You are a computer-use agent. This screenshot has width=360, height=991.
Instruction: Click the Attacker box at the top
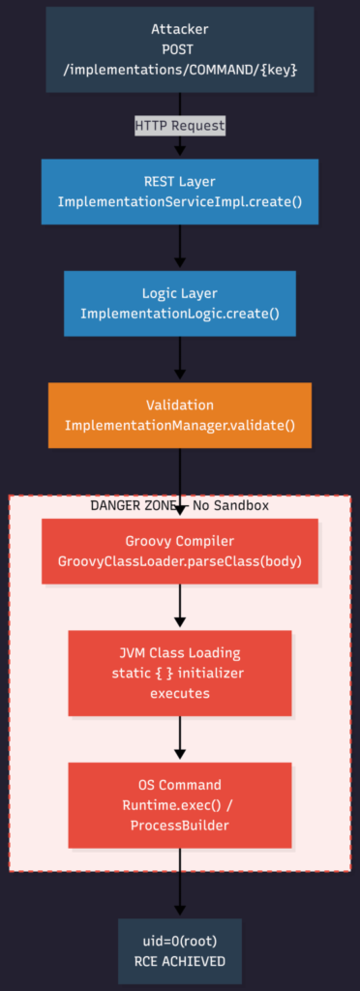click(180, 48)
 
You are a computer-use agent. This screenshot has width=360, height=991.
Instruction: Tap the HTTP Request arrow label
click(180, 125)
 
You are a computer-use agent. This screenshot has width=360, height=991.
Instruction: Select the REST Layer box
click(180, 193)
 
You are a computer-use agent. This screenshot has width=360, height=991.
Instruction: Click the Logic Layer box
click(180, 304)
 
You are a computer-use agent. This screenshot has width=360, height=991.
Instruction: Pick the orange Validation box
click(180, 415)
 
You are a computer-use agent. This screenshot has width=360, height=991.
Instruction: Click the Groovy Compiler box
click(180, 552)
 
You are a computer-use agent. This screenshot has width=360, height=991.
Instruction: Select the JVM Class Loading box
click(180, 672)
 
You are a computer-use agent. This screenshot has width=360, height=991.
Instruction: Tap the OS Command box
click(180, 804)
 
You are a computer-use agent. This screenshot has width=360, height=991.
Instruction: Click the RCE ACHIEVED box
click(180, 952)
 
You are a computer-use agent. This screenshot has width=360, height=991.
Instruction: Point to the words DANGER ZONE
click(132, 505)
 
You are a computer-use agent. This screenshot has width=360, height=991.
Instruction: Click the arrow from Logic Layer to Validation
click(180, 359)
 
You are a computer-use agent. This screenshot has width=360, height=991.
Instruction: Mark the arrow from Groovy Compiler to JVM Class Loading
click(180, 607)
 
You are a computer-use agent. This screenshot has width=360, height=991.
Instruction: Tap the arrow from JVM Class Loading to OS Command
click(180, 737)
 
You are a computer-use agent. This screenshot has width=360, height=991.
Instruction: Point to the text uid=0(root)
click(180, 943)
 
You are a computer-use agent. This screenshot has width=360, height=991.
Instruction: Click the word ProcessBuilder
click(180, 824)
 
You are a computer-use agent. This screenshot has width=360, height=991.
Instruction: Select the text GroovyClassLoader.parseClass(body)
click(180, 561)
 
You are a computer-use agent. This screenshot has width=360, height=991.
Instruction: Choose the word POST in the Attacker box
click(180, 48)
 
